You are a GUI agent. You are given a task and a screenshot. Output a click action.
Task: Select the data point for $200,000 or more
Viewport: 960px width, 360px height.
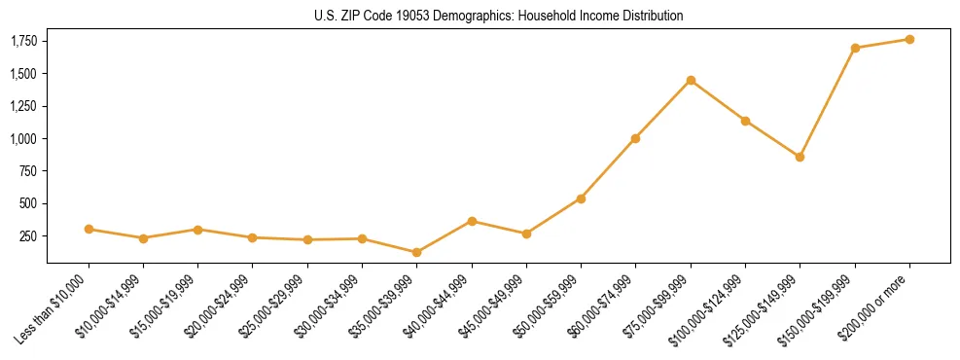(x=909, y=39)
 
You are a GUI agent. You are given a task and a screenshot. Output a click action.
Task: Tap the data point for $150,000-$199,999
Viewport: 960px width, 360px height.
(x=855, y=48)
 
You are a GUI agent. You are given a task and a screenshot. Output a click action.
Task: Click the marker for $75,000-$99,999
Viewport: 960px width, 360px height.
(x=691, y=80)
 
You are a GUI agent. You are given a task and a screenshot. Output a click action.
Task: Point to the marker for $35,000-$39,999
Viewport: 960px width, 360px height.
(x=417, y=252)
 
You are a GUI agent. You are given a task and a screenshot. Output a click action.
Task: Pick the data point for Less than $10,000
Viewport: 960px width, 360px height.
(x=89, y=229)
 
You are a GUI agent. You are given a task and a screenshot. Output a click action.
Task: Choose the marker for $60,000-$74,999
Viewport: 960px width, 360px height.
(x=636, y=138)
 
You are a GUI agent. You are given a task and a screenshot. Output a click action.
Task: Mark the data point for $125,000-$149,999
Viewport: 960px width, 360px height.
(x=800, y=157)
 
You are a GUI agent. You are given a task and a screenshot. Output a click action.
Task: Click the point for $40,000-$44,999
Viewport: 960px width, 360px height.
(x=472, y=221)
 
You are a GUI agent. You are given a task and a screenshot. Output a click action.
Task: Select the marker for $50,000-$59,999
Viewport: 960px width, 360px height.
(x=581, y=198)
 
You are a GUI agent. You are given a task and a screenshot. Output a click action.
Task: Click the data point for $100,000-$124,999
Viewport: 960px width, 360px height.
(x=745, y=121)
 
